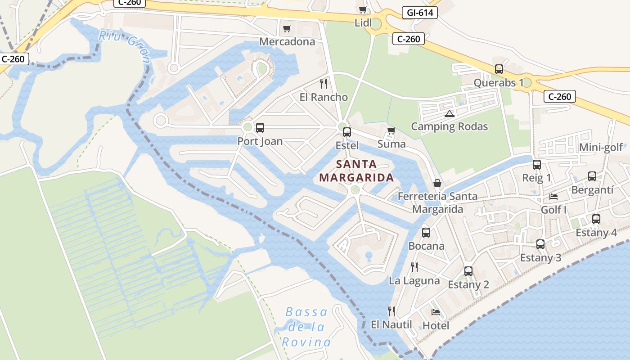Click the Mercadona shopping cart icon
point(287,29)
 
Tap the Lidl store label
point(364,22)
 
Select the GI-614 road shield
point(419,13)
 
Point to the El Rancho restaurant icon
point(323,83)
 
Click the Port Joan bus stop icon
point(260,128)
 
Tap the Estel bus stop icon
point(346,132)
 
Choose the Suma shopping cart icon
point(391,131)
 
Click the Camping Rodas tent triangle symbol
point(449,113)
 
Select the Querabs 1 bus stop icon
point(499,69)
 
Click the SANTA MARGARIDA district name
point(356,171)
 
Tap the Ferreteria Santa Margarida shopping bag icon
point(437,183)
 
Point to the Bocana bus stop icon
point(426,233)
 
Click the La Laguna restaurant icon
point(414,267)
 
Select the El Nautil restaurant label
point(391,324)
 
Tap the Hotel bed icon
point(435,312)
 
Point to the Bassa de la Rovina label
point(307,327)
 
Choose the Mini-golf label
point(601,148)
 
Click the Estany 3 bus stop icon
point(540,244)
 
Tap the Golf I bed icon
point(553,197)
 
